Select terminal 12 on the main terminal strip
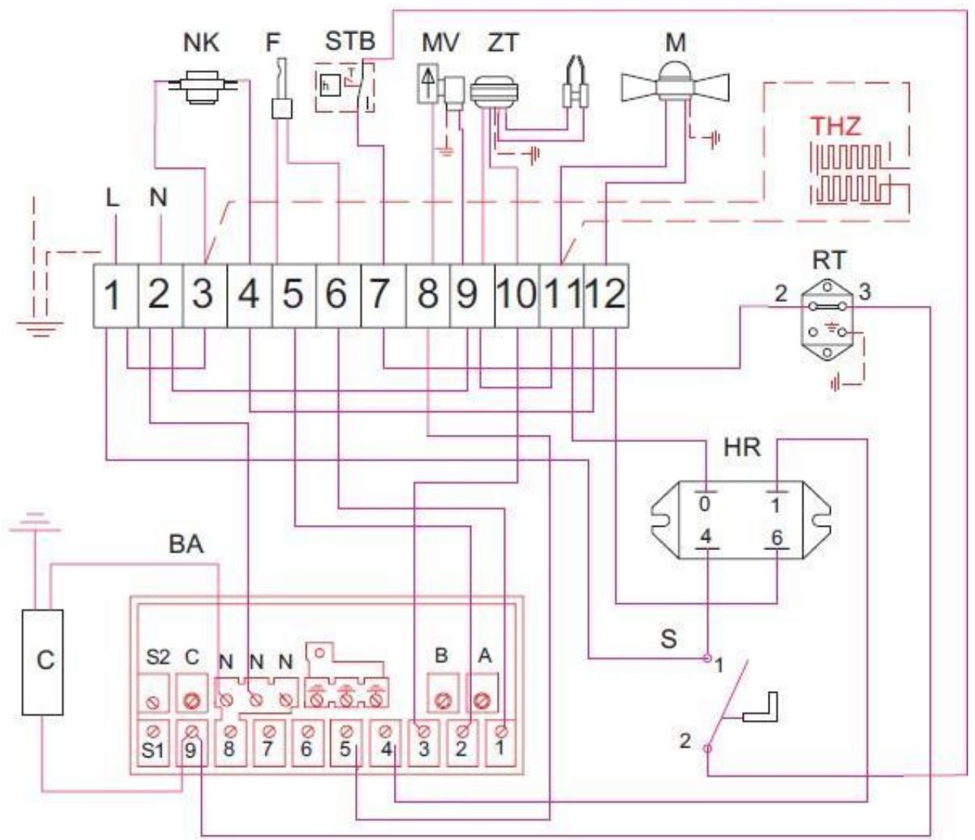pos(606,295)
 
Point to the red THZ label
pos(836,125)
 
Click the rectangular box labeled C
pos(42,661)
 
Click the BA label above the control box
pos(186,544)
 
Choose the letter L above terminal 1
pos(112,199)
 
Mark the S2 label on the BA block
pos(157,658)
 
